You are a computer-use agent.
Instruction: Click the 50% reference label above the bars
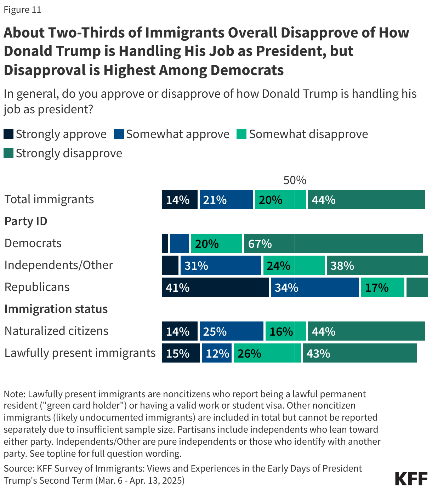295,180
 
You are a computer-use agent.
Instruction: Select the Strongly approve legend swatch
8,134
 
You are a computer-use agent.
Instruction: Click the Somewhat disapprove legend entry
302,134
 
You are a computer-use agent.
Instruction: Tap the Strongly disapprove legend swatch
8,153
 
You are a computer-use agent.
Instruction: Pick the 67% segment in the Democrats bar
333,243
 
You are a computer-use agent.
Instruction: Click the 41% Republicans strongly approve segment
215,287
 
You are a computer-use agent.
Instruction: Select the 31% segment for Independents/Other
221,265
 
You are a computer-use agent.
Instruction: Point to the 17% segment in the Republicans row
382,287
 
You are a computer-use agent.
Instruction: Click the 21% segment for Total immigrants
226,199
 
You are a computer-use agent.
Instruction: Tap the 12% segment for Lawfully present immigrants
216,353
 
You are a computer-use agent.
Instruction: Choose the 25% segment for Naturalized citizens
231,331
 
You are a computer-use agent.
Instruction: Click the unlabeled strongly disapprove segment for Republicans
417,287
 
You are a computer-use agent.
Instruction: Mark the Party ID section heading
26,221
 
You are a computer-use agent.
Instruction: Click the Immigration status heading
56,309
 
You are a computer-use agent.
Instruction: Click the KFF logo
411,478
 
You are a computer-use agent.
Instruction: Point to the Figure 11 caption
22,10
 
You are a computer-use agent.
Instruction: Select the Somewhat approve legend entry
172,134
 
